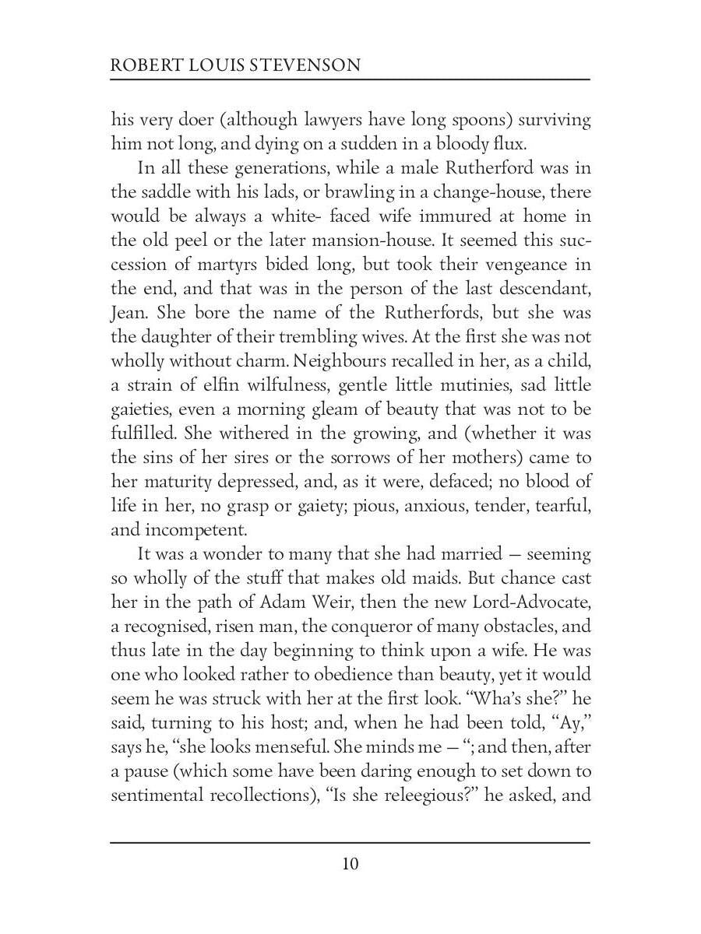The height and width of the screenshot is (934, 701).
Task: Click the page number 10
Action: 350,864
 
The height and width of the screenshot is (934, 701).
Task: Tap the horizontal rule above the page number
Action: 350,842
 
